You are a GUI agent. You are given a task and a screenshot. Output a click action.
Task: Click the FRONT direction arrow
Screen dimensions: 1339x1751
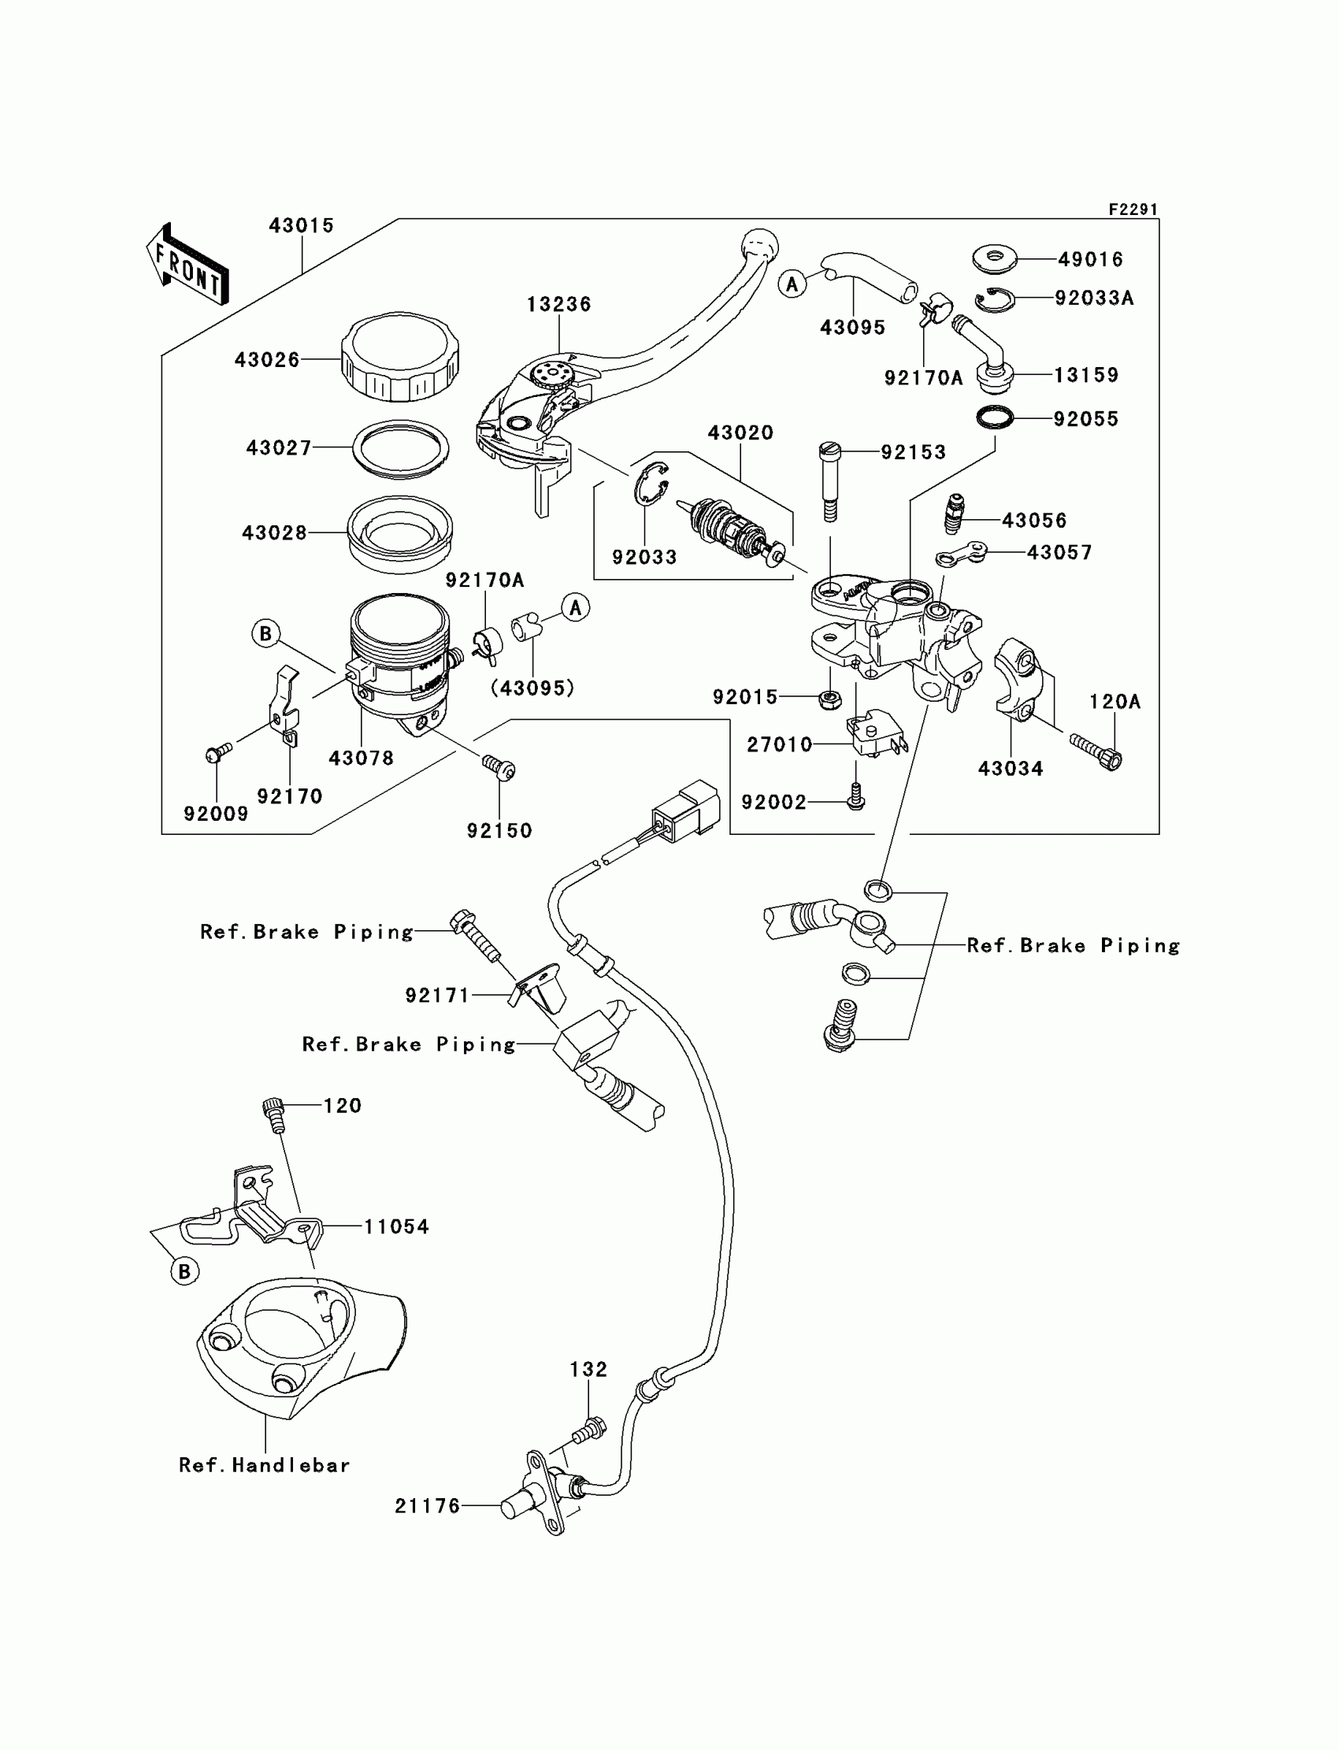pyautogui.click(x=188, y=265)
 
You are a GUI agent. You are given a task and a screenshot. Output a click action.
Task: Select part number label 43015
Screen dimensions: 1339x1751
pyautogui.click(x=301, y=225)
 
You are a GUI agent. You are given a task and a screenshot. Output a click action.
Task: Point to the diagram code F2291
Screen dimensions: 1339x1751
pyautogui.click(x=1133, y=209)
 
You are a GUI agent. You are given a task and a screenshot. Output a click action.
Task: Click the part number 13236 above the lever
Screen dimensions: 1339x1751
pyautogui.click(x=558, y=305)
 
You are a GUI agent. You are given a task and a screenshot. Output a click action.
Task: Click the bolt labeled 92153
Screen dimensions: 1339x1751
pyautogui.click(x=829, y=482)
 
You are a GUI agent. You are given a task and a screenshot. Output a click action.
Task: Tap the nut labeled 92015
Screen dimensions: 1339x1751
pyautogui.click(x=830, y=699)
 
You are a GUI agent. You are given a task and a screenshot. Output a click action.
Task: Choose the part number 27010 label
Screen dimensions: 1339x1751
pyautogui.click(x=779, y=744)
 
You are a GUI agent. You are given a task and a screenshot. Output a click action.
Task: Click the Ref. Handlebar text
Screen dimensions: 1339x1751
pyautogui.click(x=265, y=1465)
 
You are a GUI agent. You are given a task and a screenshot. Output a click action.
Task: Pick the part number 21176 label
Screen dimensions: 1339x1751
pyautogui.click(x=427, y=1505)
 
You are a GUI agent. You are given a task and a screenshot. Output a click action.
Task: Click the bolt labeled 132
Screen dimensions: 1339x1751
pyautogui.click(x=589, y=1430)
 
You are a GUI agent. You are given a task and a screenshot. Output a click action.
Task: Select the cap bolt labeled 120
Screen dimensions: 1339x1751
pyautogui.click(x=273, y=1115)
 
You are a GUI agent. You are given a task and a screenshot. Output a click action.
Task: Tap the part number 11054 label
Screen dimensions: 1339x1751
pyautogui.click(x=396, y=1226)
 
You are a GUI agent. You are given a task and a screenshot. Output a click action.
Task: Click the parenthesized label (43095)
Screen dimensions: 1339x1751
pyautogui.click(x=532, y=687)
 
